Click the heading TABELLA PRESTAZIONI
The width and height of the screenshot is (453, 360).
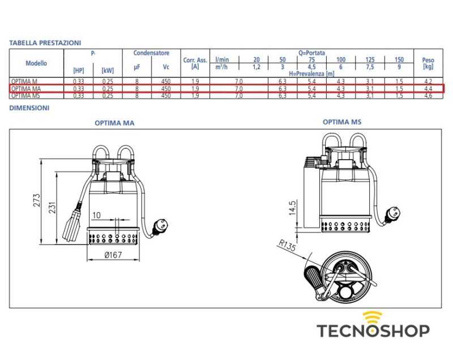(x=45, y=42)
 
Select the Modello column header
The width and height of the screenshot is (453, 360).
(x=36, y=63)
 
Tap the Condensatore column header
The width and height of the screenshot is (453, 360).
(x=151, y=53)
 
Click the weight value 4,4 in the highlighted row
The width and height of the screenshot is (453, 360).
(x=428, y=89)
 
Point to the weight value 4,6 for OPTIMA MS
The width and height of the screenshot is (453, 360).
(x=428, y=96)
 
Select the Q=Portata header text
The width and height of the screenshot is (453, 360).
(x=311, y=53)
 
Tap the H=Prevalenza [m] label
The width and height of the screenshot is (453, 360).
(x=311, y=74)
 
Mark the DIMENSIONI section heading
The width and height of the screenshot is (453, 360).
(x=29, y=108)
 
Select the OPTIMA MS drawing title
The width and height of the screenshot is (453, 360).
(x=342, y=122)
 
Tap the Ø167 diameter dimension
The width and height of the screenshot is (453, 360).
(x=113, y=255)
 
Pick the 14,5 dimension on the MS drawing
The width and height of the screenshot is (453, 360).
(x=292, y=207)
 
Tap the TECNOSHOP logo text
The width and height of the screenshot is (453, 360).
(x=372, y=330)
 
